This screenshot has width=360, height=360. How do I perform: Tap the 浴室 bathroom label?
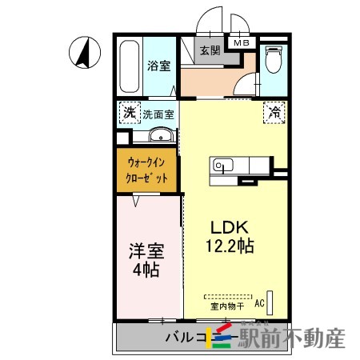(158, 66)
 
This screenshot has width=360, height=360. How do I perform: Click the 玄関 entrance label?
(210, 50)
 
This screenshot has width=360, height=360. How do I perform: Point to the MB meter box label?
(241, 42)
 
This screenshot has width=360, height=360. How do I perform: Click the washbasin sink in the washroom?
(161, 134)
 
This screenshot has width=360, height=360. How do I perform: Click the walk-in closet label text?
(147, 170)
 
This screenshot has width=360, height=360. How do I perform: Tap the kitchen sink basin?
(222, 166)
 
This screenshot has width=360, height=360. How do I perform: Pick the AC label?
(259, 303)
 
